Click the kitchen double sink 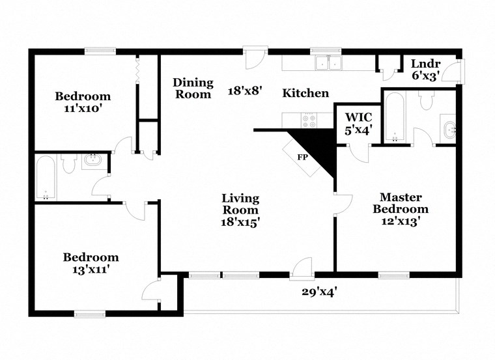click(x=328, y=62)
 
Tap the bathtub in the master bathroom click(x=395, y=118)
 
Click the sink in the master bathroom click(x=450, y=129)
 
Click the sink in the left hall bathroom click(x=95, y=160)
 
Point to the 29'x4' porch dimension click(x=320, y=292)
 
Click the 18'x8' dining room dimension click(x=244, y=91)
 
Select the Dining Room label click(x=193, y=88)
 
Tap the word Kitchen click(x=305, y=93)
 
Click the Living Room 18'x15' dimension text click(x=240, y=221)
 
